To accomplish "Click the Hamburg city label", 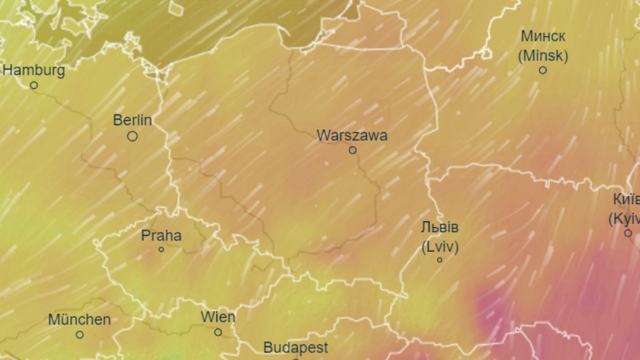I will pyautogui.click(x=34, y=70).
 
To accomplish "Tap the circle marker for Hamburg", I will pyautogui.click(x=34, y=85).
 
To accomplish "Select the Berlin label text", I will pyautogui.click(x=132, y=120).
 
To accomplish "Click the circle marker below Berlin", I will pyautogui.click(x=132, y=136).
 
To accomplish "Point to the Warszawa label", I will pyautogui.click(x=352, y=135).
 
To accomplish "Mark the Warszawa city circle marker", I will pyautogui.click(x=353, y=150).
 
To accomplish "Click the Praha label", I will pyautogui.click(x=161, y=235).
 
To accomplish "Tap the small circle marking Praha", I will pyautogui.click(x=161, y=249).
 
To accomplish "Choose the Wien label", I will pyautogui.click(x=218, y=317).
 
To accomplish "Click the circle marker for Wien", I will pyautogui.click(x=218, y=332).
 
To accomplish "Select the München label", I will pyautogui.click(x=80, y=320).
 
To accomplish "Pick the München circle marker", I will pyautogui.click(x=80, y=335).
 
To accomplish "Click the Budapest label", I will pyautogui.click(x=296, y=348).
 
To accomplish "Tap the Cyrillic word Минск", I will pyautogui.click(x=543, y=37).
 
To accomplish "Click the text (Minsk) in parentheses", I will pyautogui.click(x=543, y=55).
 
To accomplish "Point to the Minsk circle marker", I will pyautogui.click(x=543, y=70).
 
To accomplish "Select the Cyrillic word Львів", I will pyautogui.click(x=440, y=227).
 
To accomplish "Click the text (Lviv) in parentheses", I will pyautogui.click(x=440, y=247).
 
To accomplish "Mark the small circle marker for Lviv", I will pyautogui.click(x=440, y=260).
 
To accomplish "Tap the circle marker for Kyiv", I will pyautogui.click(x=628, y=233).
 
